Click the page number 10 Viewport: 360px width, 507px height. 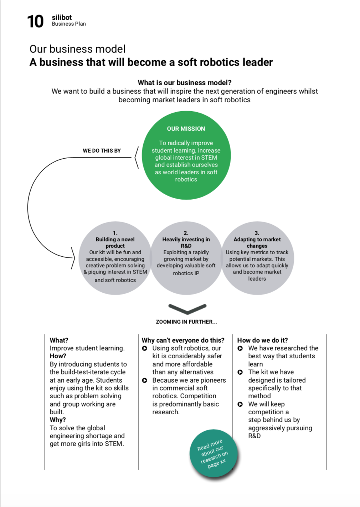pos(35,21)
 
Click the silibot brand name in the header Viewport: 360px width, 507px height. pos(62,17)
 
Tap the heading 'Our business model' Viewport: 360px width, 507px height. pos(77,49)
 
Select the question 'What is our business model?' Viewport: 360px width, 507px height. pos(184,83)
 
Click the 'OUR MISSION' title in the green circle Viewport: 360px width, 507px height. pos(186,129)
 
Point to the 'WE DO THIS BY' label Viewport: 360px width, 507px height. pos(102,150)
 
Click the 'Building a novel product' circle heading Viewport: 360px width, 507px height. pos(115,242)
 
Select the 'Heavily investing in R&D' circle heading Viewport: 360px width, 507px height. pos(186,242)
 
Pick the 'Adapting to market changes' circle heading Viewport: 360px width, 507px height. pos(257,242)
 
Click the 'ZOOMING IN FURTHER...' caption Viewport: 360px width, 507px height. pos(186,322)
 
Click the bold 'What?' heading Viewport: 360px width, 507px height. pos(59,340)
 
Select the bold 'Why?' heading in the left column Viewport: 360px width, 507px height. pos(58,420)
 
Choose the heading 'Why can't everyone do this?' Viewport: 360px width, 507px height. pos(183,340)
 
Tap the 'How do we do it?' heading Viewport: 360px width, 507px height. pos(262,340)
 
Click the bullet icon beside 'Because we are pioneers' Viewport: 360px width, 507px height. pos(144,380)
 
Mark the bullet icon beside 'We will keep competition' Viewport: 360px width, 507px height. pos(240,404)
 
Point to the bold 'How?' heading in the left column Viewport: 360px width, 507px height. pos(58,356)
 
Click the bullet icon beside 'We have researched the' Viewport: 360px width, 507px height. pos(240,348)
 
